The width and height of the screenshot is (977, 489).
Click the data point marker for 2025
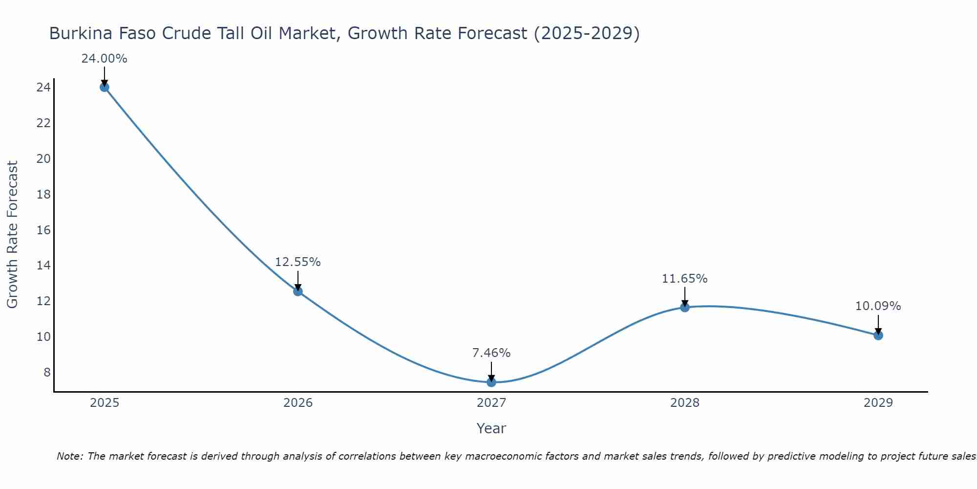click(x=104, y=87)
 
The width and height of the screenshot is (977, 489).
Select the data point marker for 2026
click(x=298, y=291)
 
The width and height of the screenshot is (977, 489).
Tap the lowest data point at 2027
click(x=491, y=382)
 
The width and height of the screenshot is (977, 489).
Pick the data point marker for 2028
click(x=685, y=307)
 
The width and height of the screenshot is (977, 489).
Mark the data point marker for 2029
click(x=878, y=335)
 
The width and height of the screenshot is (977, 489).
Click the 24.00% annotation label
click(x=104, y=59)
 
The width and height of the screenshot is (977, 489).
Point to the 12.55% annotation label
click(x=297, y=262)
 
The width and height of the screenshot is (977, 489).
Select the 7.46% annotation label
click(x=491, y=353)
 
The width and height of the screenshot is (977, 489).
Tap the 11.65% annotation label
click(x=684, y=279)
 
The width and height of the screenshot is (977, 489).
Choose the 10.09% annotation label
click(x=878, y=306)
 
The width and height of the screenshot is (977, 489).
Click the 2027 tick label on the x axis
click(x=491, y=403)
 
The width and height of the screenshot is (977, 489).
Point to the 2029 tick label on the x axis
click(x=878, y=403)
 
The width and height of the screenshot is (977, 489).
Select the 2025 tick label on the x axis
click(x=105, y=403)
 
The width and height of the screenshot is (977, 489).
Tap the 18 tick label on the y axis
click(x=43, y=194)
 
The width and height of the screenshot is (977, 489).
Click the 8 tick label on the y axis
click(x=47, y=372)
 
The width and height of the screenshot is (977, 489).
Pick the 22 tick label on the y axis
click(x=43, y=123)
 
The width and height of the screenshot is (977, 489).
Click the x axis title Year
click(x=491, y=428)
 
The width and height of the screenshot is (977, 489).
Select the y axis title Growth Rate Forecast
click(x=12, y=234)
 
